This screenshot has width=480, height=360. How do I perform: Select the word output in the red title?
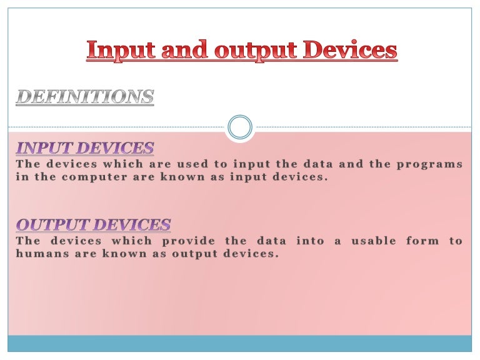click(x=251, y=50)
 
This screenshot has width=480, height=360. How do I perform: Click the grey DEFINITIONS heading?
click(x=84, y=97)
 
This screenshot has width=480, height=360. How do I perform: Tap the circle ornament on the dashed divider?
click(x=240, y=127)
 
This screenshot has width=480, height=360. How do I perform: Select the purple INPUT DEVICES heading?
click(x=84, y=148)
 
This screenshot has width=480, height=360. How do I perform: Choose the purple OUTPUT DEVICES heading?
click(x=93, y=224)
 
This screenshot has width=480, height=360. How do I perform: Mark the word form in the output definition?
click(x=422, y=241)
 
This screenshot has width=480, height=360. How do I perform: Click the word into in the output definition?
click(x=310, y=241)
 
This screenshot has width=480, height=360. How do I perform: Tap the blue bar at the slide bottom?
click(x=240, y=343)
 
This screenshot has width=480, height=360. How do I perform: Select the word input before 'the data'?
click(x=248, y=164)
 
